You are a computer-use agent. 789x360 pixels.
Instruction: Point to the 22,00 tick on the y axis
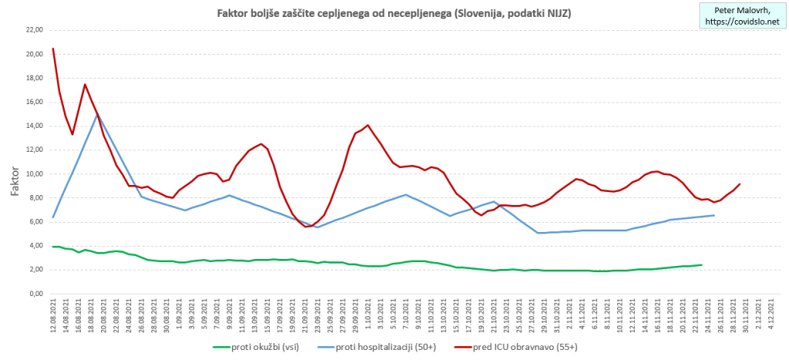pyautogui.click(x=34, y=30)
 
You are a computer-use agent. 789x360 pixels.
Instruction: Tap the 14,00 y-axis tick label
pyautogui.click(x=34, y=126)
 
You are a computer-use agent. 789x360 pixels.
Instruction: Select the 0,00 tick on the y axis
pyautogui.click(x=35, y=294)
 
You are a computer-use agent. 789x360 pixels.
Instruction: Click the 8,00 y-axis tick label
pyautogui.click(x=35, y=197)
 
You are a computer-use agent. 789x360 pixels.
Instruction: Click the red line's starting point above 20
pyautogui.click(x=52, y=49)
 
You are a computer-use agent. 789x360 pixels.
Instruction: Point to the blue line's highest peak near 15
pyautogui.click(x=97, y=114)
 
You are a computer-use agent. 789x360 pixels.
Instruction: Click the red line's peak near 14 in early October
pyautogui.click(x=368, y=125)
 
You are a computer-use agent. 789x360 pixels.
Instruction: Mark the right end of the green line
pyautogui.click(x=701, y=265)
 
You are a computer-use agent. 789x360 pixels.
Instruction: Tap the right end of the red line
pyautogui.click(x=740, y=183)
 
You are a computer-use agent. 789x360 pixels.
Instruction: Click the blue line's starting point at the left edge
pyautogui.click(x=52, y=217)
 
